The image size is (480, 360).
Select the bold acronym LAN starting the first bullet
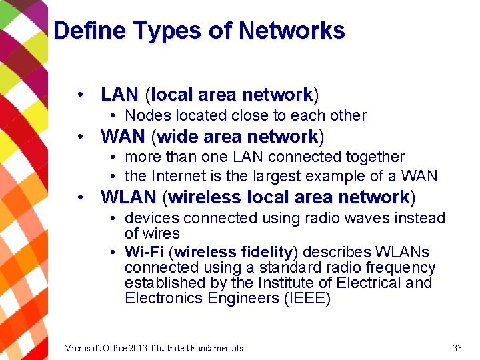point(119,95)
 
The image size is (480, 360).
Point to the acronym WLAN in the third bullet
point(128,197)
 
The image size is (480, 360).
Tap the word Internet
point(180,176)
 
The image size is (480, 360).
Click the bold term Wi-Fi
point(144,252)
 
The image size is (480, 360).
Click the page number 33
point(457,348)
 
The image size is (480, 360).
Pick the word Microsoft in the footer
point(84,348)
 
